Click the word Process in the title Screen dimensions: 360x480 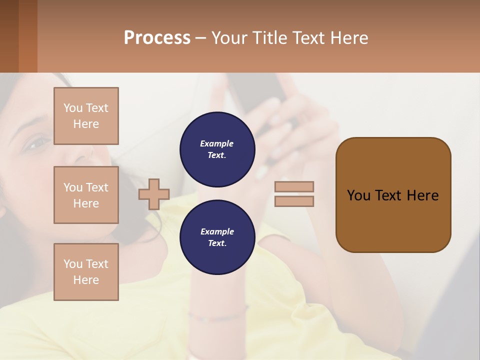[x=157, y=38]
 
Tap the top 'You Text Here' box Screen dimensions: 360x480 [x=86, y=116]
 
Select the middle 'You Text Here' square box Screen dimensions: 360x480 [x=86, y=195]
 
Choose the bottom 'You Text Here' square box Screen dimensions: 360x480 [x=86, y=272]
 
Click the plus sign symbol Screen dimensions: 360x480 [x=154, y=194]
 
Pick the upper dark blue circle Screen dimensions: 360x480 [x=217, y=149]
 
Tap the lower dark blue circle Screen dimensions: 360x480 [x=217, y=237]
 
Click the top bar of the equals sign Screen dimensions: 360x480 [x=294, y=186]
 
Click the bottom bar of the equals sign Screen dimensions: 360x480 [x=294, y=201]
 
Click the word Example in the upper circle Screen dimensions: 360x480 [x=217, y=143]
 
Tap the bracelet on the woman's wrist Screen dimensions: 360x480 [x=220, y=316]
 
